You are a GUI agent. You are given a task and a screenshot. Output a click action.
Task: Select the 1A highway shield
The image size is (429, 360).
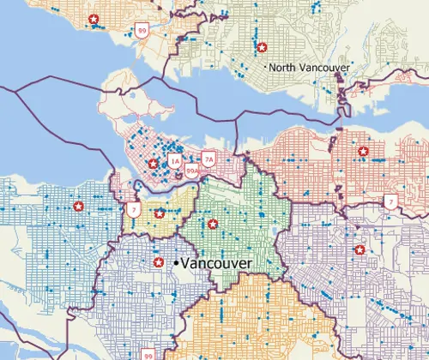tap(175, 160)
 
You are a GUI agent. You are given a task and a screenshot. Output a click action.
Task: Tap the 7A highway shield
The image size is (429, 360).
tap(208, 159)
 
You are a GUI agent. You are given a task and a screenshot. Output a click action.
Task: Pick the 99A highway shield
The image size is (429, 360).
tap(192, 171)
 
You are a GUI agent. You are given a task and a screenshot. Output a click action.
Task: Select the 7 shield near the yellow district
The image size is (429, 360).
tap(132, 208)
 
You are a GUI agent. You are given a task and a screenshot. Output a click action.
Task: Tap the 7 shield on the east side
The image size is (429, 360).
tap(390, 202)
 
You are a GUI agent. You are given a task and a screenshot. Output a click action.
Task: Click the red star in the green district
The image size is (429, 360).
tap(212, 225)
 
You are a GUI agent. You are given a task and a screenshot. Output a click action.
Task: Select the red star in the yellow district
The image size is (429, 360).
tap(159, 213)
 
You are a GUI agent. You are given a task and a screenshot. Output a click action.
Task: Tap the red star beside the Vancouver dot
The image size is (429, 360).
tap(158, 262)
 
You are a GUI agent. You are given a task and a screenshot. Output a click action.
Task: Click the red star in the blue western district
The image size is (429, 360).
tap(78, 206)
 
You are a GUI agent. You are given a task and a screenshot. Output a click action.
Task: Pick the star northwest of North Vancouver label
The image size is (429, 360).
tap(262, 47)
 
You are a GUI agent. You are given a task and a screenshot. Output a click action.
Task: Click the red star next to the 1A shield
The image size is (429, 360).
tap(153, 163)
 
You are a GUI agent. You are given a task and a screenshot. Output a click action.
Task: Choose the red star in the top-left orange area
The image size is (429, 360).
tap(93, 18)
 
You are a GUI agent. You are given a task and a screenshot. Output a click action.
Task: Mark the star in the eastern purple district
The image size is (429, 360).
tap(360, 249)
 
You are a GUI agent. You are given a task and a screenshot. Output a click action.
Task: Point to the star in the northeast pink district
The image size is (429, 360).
tap(363, 151)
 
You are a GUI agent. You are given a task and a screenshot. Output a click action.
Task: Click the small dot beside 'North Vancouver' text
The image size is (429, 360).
tap(268, 66)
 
